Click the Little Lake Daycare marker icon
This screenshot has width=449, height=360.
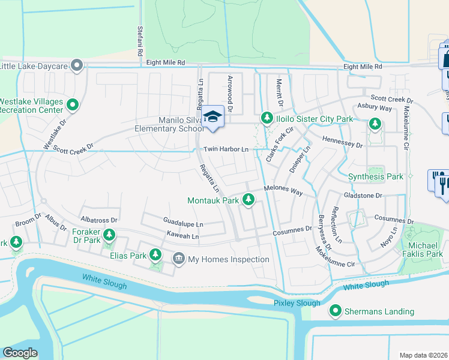pyautogui.click(x=76, y=65)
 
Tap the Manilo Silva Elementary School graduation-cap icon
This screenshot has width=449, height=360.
pyautogui.click(x=212, y=117)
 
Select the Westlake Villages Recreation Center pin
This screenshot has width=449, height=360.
pyautogui.click(x=73, y=106)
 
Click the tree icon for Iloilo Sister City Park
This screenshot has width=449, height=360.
pyautogui.click(x=267, y=119)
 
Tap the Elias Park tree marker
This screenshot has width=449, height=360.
pyautogui.click(x=155, y=255)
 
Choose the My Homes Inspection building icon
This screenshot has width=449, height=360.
pyautogui.click(x=179, y=259)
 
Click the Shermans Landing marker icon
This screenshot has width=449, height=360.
pyautogui.click(x=335, y=311)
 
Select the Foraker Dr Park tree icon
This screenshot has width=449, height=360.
pyautogui.click(x=109, y=235)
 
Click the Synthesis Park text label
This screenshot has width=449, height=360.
pyautogui.click(x=376, y=176)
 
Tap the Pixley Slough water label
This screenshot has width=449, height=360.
pyautogui.click(x=297, y=303)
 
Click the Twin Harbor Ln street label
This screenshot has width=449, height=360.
pyautogui.click(x=226, y=149)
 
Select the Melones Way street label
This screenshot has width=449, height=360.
pyautogui.click(x=283, y=191)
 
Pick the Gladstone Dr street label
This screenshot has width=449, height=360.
pyautogui.click(x=363, y=196)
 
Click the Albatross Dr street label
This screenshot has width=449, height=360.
pyautogui.click(x=99, y=220)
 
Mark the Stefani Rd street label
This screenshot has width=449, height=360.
pyautogui.click(x=139, y=41)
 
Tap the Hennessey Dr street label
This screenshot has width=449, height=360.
pyautogui.click(x=343, y=145)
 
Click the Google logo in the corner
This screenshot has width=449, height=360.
pyautogui.click(x=20, y=353)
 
